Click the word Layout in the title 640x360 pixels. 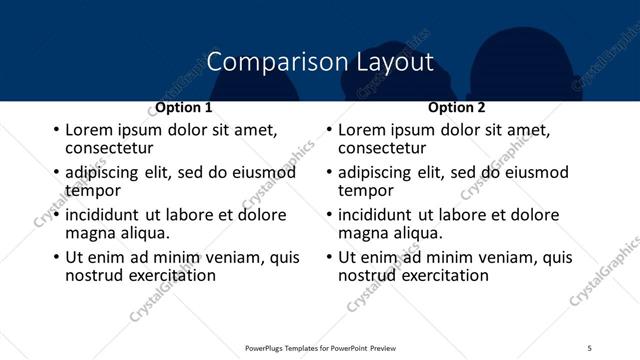(x=395, y=62)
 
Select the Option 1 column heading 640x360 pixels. (x=184, y=107)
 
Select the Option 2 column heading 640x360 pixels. (x=456, y=107)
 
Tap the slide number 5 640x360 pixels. (x=589, y=347)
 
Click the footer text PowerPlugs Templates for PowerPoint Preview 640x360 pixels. (x=321, y=347)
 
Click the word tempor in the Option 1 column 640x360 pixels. (x=93, y=190)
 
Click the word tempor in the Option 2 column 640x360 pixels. (x=366, y=190)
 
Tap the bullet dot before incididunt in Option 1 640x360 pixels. (x=56, y=215)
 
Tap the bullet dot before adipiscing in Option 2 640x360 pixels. (x=329, y=172)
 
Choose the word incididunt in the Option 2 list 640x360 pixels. (x=379, y=215)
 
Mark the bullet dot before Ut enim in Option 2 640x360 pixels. (x=329, y=257)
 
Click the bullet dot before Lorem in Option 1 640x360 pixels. (x=56, y=130)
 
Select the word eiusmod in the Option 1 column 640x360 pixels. (x=262, y=172)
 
